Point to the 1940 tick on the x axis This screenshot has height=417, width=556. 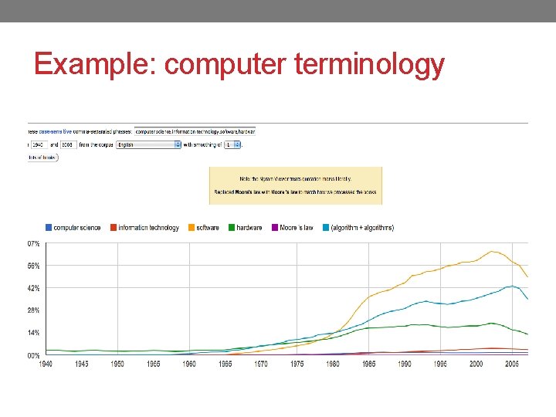46,364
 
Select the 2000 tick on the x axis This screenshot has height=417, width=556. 475,364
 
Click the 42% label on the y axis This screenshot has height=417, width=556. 34,288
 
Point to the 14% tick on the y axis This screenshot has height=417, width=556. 34,333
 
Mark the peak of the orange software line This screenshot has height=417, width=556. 493,251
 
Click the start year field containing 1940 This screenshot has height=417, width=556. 39,144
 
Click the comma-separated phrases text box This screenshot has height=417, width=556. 195,131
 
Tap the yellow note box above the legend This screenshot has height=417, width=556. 295,185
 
